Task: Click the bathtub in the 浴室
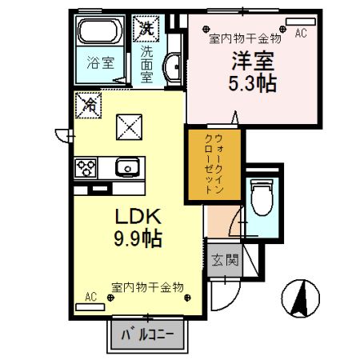(x=100, y=31)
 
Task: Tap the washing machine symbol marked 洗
(x=146, y=29)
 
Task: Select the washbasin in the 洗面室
(x=173, y=66)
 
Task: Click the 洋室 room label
(x=253, y=61)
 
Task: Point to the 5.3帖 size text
(x=252, y=83)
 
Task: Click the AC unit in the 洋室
(x=301, y=22)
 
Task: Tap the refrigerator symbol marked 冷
(x=89, y=105)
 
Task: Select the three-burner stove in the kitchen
(x=86, y=168)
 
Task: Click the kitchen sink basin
(x=127, y=167)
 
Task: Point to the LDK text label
(x=138, y=216)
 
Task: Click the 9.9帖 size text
(x=138, y=238)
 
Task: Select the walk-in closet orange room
(x=214, y=165)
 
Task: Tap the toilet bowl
(x=262, y=197)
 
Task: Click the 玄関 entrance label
(x=225, y=260)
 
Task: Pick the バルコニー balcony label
(x=148, y=335)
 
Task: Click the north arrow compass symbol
(x=301, y=298)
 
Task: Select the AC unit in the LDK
(x=90, y=307)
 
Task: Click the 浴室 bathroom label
(x=101, y=63)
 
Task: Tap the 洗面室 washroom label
(x=146, y=64)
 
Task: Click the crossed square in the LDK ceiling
(x=129, y=127)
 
